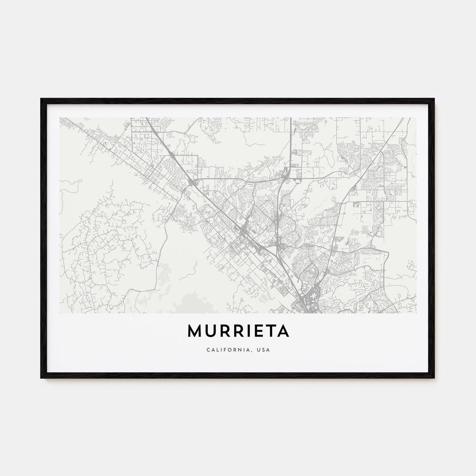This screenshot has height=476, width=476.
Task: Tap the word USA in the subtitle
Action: click(264, 350)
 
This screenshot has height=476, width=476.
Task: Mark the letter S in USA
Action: click(264, 350)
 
